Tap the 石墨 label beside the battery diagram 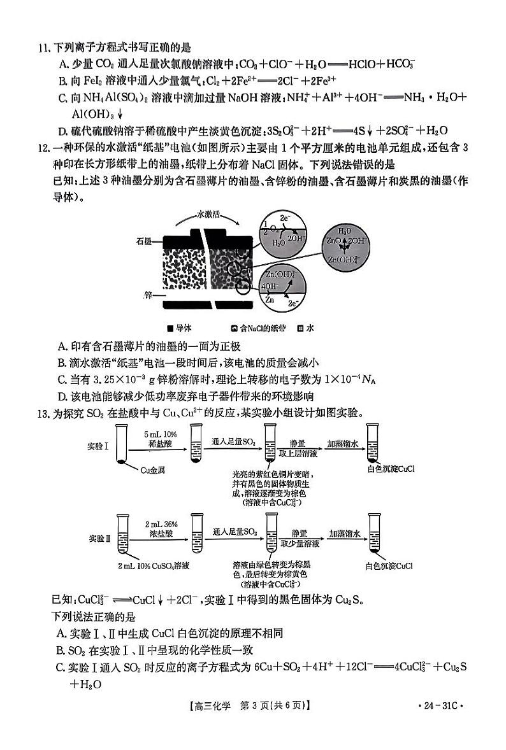click(143, 241)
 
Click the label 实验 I click(98, 446)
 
